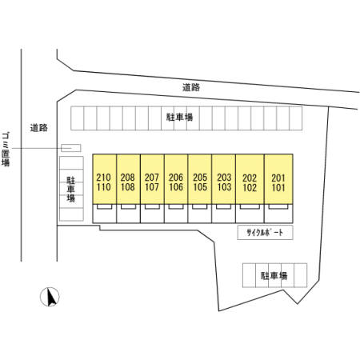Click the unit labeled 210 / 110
tap(105, 179)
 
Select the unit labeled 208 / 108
tap(128, 179)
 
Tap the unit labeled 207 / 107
tap(152, 179)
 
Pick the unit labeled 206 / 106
tap(176, 179)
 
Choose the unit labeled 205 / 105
tap(200, 179)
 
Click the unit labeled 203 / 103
tap(224, 179)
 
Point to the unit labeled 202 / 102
tap(250, 179)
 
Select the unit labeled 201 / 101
tap(278, 179)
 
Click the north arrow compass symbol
tap(50, 297)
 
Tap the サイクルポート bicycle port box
tap(265, 233)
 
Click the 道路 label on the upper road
tap(191, 87)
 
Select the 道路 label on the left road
tap(39, 128)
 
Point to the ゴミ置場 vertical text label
tap(6, 150)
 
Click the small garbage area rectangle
tap(71, 148)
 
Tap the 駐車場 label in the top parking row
tap(180, 117)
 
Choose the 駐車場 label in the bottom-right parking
tap(274, 275)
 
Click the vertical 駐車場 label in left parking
tap(71, 190)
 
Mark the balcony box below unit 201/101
tap(278, 206)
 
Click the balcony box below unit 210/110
tap(104, 206)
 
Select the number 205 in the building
tap(200, 178)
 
